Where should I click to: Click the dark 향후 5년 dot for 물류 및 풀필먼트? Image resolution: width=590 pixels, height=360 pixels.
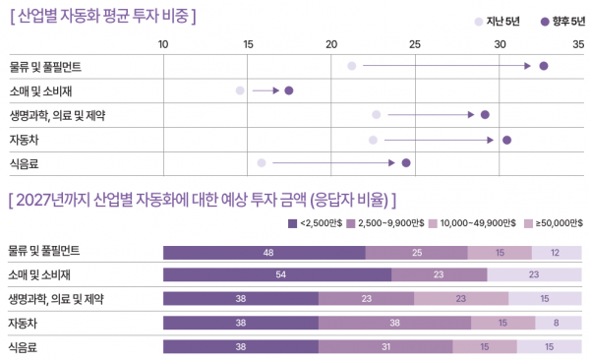(543, 66)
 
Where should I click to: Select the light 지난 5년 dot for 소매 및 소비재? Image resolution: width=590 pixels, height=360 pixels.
(240, 90)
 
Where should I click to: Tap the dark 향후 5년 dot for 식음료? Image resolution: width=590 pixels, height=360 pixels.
(406, 162)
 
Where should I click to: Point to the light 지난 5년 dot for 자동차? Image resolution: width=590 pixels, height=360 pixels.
(373, 140)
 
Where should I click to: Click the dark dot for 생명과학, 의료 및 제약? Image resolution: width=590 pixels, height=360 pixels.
(485, 115)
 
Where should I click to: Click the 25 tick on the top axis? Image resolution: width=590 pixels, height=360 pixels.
(415, 44)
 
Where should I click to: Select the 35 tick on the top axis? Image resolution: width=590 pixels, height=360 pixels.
(578, 44)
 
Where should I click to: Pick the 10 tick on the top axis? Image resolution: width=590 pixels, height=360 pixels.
(163, 44)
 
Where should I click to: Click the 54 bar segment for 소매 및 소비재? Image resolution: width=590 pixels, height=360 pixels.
(277, 274)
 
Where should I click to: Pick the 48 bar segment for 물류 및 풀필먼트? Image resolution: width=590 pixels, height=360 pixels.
(265, 251)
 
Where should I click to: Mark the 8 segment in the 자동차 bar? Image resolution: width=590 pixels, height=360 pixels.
(558, 322)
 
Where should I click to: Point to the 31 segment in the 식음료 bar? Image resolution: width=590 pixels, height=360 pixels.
(386, 345)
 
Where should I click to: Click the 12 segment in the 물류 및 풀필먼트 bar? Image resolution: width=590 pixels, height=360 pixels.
(555, 251)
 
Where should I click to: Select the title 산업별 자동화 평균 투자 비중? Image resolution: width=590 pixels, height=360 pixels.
(103, 17)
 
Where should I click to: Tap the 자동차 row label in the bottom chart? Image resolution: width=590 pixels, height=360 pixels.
(25, 322)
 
